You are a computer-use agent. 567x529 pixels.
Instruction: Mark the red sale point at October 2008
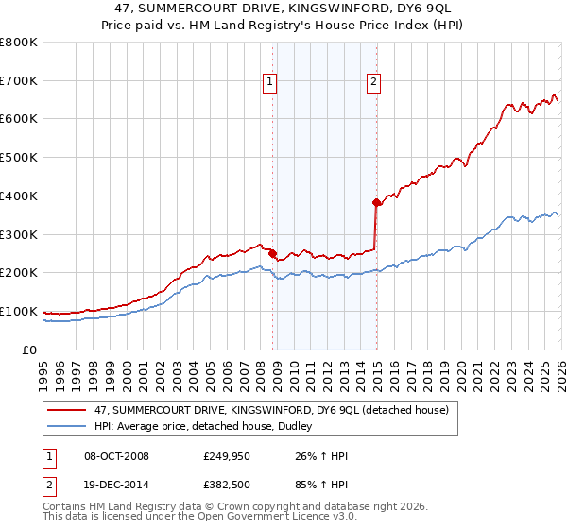272,253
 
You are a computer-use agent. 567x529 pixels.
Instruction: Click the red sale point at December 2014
376,202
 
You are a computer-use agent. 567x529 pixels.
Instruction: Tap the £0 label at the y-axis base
28,350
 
